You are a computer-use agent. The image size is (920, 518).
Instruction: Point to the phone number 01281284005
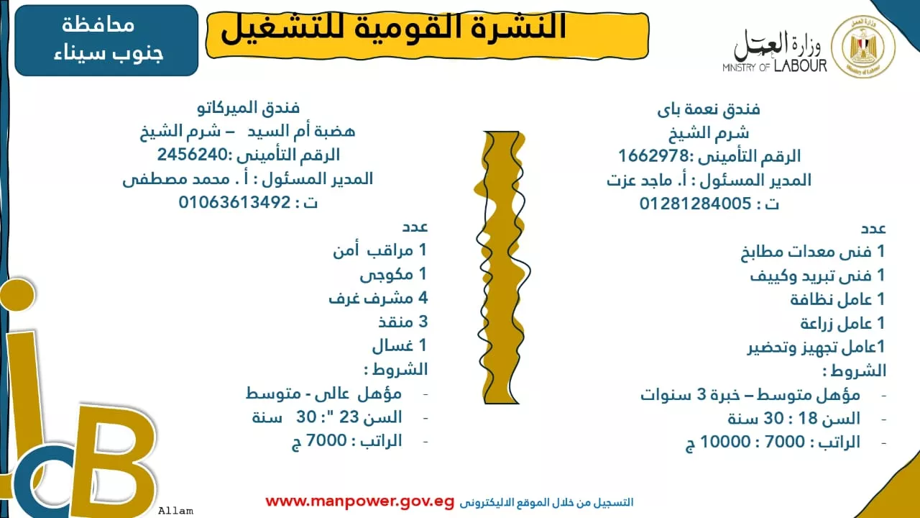coord(696,204)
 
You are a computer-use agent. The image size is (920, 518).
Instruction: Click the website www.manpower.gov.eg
coord(359,501)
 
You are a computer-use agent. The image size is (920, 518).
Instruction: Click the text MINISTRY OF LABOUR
coord(775,67)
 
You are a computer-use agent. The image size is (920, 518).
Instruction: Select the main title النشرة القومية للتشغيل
coord(394,29)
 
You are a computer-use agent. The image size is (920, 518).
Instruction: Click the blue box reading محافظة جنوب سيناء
coord(106,40)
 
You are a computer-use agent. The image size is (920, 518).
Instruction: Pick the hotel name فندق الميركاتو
coord(248,109)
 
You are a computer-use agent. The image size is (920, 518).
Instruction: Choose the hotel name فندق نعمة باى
coord(709,109)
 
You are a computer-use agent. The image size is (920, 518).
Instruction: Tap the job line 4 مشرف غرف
coord(378,298)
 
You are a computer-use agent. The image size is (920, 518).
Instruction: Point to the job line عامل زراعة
coord(842,323)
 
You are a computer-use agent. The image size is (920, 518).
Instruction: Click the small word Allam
coord(176,511)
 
